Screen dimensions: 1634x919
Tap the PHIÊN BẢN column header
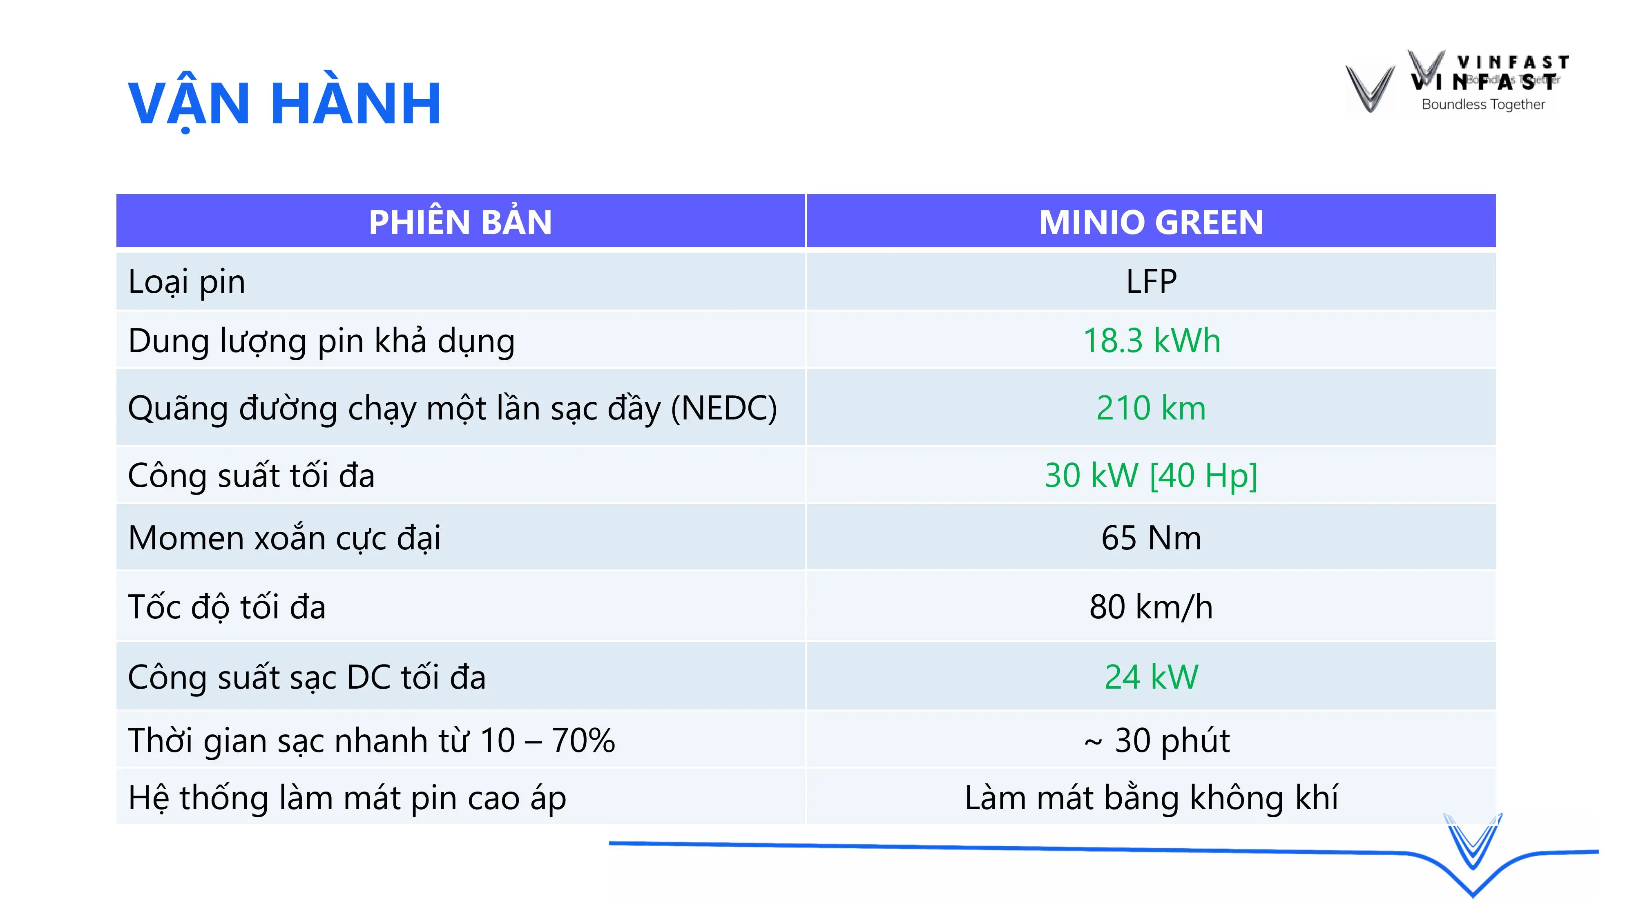pos(460,222)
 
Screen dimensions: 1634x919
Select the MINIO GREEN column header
pos(1151,222)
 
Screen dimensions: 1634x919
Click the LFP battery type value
pos(1151,281)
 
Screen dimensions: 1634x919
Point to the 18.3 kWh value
pos(1151,341)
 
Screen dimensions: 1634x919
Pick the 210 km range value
pos(1151,408)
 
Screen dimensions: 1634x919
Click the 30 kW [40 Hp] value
pos(1151,476)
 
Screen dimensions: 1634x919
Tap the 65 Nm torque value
pos(1151,538)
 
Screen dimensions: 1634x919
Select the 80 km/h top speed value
pos(1151,607)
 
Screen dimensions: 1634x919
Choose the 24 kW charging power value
pos(1151,677)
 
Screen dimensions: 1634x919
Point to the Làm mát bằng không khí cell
pos(1151,798)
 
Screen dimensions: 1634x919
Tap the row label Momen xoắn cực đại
pos(284,538)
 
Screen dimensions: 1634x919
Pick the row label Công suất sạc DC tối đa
pos(307,677)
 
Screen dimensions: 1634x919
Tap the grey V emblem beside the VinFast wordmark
pos(1370,89)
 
